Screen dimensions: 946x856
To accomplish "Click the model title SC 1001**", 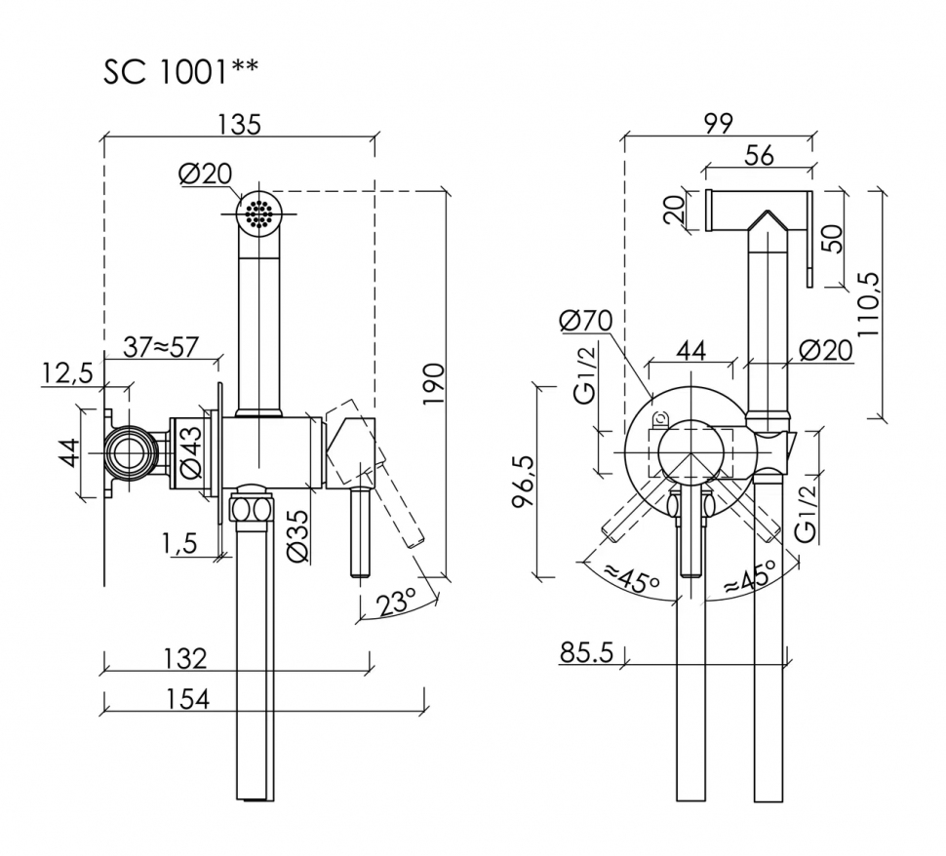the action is click(x=180, y=72).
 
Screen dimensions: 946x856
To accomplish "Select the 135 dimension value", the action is click(x=239, y=124).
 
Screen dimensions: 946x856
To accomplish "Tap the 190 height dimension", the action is click(x=433, y=384).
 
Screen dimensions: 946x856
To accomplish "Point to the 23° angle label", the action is click(x=396, y=603).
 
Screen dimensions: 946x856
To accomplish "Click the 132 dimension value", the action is click(x=186, y=658).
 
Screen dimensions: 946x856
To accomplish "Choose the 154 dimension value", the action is click(x=187, y=699).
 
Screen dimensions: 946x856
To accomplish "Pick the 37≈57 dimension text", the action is click(x=161, y=347).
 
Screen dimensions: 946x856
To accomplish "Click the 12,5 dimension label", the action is click(x=67, y=374).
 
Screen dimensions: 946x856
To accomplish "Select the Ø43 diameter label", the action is click(x=190, y=452).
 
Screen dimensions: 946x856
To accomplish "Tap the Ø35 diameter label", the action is click(x=297, y=536).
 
